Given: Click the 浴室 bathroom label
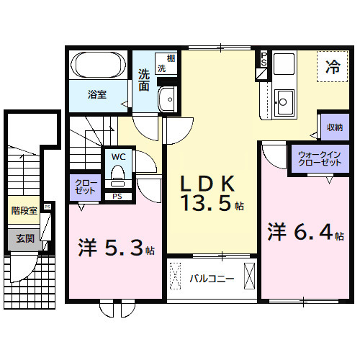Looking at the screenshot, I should (x=98, y=94).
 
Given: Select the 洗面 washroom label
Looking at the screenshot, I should (x=144, y=79).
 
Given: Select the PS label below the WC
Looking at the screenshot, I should (x=117, y=196).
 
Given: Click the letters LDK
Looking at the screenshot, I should (x=212, y=181).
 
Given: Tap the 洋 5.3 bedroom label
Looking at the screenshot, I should (x=112, y=248).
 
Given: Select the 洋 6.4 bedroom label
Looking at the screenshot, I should (x=302, y=233).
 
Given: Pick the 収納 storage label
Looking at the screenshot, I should (x=333, y=127).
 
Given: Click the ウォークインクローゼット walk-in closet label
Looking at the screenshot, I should (x=320, y=158).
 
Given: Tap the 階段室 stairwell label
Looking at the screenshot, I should (x=24, y=210).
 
